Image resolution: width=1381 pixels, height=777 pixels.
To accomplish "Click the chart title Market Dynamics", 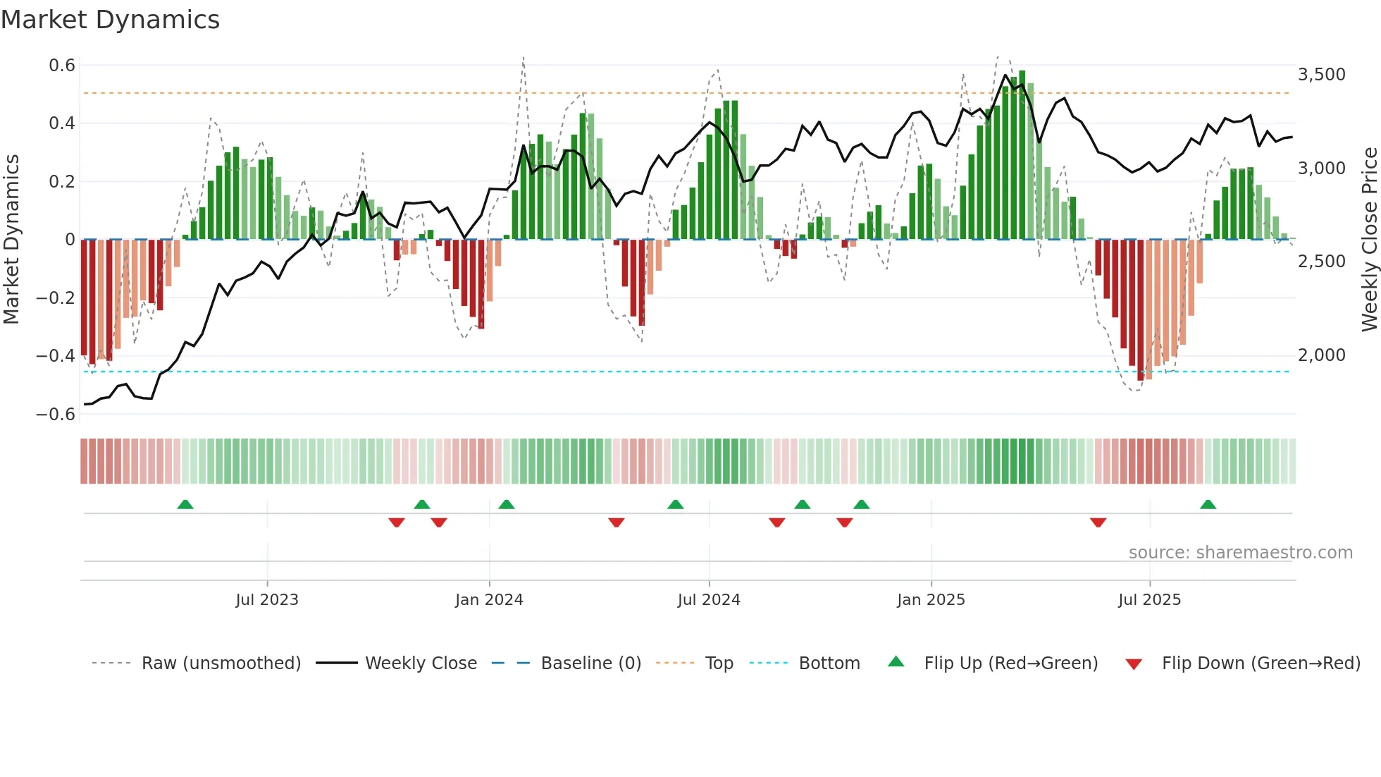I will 110,20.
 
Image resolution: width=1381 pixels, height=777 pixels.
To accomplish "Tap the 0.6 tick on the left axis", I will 62,66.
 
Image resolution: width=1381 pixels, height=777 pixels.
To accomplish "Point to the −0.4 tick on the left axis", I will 56,355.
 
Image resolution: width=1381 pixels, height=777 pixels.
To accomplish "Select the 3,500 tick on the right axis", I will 1321,74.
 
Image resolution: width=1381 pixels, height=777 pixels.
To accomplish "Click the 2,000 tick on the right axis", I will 1321,355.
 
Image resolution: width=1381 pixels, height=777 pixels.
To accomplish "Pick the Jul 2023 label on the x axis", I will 267,600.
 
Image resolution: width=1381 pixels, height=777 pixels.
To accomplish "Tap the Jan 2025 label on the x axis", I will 931,600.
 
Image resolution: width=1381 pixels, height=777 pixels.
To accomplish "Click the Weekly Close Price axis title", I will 1369,239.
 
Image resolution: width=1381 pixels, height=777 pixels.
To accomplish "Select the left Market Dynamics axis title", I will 11,239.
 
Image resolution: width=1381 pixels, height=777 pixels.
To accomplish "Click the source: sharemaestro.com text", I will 1240,553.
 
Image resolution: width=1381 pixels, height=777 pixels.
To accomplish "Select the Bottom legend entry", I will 829,663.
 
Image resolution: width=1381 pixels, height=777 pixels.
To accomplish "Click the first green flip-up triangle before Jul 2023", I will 185,505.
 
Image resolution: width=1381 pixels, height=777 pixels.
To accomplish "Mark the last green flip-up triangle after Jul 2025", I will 1208,505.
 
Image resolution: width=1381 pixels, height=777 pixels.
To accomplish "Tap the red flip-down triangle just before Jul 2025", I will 1098,522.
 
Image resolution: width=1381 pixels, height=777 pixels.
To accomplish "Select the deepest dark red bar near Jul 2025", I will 1141,310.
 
